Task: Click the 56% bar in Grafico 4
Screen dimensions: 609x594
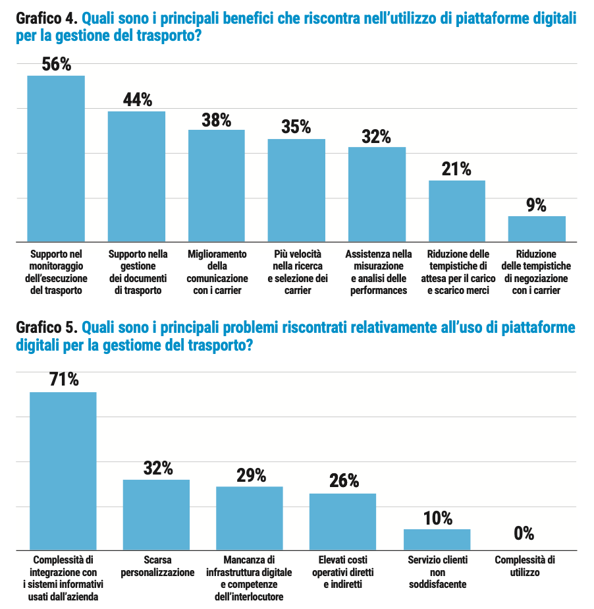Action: pos(56,158)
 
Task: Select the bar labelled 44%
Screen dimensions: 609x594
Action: pos(136,176)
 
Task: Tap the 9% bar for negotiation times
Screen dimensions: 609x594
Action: pos(537,228)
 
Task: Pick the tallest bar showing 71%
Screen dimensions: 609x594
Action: pos(63,471)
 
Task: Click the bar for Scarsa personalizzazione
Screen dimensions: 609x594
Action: pos(157,515)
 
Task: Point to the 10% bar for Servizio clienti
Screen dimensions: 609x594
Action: pos(437,540)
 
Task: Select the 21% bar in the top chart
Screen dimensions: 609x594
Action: pos(457,210)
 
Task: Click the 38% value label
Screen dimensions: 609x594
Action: pos(217,120)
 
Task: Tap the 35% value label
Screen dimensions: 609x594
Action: pos(296,127)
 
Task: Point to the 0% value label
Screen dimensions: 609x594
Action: pos(524,533)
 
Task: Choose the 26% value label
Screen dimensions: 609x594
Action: pos(344,481)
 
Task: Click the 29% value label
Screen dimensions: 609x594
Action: pos(251,475)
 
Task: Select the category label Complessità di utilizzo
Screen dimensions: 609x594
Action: pos(525,566)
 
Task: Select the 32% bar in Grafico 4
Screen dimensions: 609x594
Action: pos(377,194)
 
